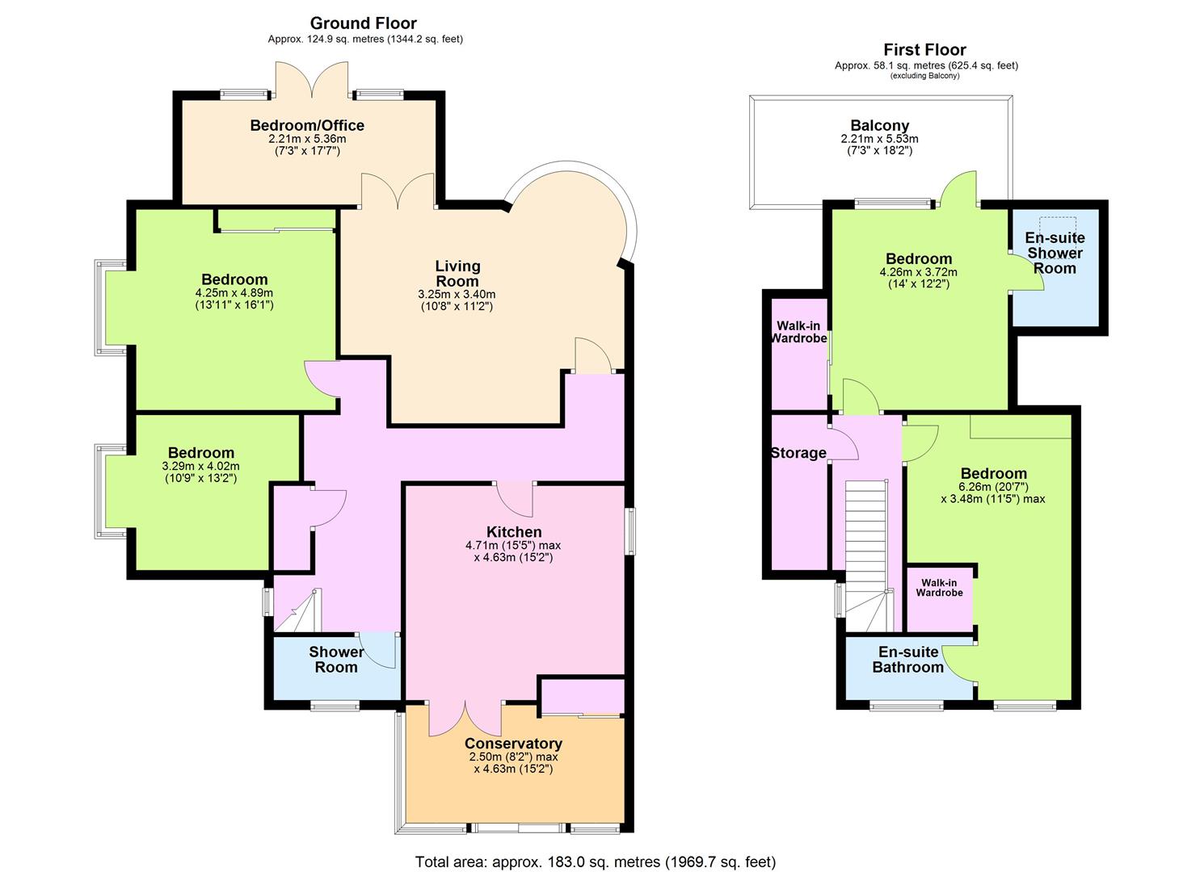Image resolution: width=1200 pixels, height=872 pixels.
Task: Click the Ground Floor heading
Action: pos(363,23)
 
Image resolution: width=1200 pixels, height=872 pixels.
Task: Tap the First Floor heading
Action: pos(924,50)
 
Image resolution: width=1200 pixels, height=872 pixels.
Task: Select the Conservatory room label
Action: pos(513,744)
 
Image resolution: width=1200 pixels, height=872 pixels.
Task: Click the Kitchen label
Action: pos(514,531)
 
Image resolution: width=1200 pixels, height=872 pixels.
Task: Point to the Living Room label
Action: pos(457,274)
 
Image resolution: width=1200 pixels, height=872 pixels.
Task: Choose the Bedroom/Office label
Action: pos(307,125)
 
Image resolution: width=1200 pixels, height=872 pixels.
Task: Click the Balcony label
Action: pos(880,126)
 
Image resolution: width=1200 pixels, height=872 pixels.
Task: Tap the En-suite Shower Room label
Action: pos(1055,254)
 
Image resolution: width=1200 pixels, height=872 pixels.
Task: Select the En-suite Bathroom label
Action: pos(908,660)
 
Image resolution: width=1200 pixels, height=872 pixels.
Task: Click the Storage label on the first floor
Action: pos(798,453)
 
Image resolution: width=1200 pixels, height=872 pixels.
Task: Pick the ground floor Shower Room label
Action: pos(336,660)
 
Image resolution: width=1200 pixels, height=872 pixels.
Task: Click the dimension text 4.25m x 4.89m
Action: pos(234,293)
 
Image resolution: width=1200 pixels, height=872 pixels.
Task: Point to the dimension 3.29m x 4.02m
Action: pos(201,466)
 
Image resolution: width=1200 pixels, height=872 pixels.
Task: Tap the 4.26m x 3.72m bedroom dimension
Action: pos(918,272)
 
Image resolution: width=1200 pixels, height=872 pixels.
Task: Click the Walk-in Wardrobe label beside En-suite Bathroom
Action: pos(939,588)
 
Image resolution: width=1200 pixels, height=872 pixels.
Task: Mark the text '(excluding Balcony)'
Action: pos(924,75)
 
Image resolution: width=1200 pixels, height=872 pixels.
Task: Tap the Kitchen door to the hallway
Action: pos(514,499)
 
